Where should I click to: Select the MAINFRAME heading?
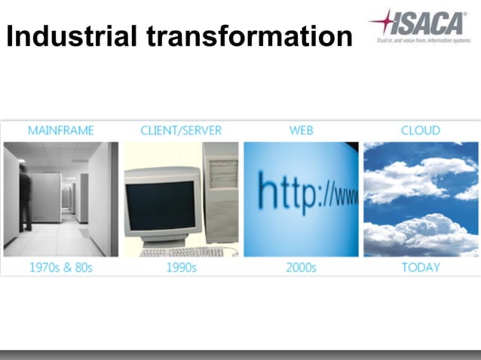[61, 130]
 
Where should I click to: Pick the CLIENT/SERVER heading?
[181, 130]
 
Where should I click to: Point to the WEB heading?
[301, 130]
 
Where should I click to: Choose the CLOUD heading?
[421, 130]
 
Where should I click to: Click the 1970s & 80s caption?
[61, 267]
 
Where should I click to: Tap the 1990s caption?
[181, 267]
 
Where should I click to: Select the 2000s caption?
[301, 267]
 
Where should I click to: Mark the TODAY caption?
[421, 267]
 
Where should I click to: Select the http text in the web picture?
[290, 194]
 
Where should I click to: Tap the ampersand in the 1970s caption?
[66, 267]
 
